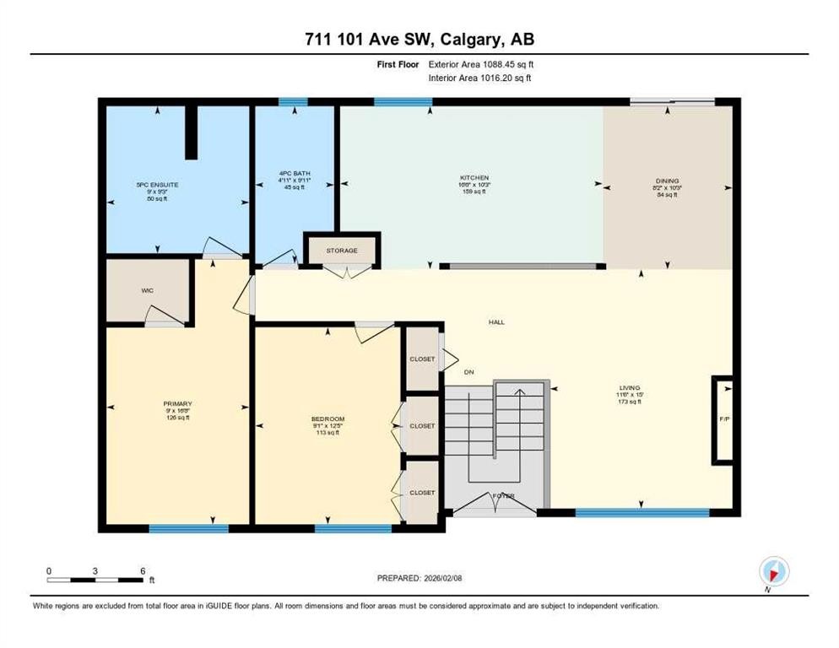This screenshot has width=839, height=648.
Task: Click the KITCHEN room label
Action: [470, 177]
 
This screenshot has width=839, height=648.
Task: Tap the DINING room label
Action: [667, 181]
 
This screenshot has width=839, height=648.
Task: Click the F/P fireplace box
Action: [723, 419]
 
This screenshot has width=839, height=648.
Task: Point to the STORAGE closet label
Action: [342, 251]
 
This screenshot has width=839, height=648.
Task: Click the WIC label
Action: [147, 290]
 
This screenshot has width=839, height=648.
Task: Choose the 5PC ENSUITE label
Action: [157, 184]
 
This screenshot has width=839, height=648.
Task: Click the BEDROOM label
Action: [327, 419]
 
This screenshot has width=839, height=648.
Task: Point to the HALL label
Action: [496, 322]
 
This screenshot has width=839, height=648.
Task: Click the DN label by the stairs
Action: [469, 371]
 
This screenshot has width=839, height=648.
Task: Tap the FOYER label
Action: [504, 495]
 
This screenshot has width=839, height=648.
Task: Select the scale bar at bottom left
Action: [95, 580]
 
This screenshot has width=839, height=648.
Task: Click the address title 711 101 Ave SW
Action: [419, 39]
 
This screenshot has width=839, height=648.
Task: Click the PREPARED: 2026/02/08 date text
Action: [419, 578]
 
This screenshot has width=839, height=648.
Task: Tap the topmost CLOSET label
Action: [422, 359]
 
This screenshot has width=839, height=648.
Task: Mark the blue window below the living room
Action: [641, 512]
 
